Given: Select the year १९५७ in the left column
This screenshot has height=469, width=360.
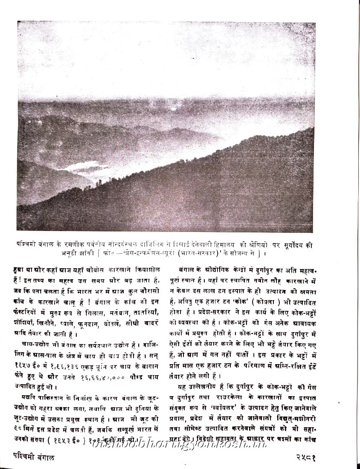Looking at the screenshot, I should click(x=29, y=368).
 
